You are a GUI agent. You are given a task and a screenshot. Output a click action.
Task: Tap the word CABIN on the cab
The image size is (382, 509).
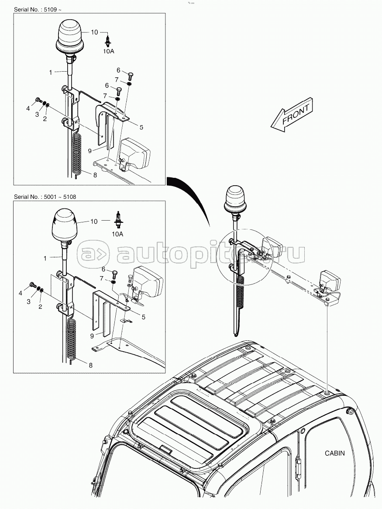tap(334, 453)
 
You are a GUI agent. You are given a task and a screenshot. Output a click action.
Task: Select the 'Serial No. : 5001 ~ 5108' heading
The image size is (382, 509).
tap(45, 197)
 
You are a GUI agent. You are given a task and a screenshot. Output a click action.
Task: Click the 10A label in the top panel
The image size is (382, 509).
tap(108, 51)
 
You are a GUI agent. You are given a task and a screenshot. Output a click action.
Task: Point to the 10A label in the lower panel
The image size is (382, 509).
tap(117, 234)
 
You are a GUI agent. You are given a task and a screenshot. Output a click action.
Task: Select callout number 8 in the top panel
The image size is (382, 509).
tap(95, 174)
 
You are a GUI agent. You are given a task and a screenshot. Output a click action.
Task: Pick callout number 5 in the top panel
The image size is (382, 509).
tap(141, 127)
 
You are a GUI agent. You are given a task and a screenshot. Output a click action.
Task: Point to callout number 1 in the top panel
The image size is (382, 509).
tap(50, 72)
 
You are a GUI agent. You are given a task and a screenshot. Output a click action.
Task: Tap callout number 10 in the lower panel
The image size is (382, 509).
tap(94, 222)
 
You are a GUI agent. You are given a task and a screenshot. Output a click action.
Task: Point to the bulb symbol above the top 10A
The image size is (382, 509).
tap(108, 41)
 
